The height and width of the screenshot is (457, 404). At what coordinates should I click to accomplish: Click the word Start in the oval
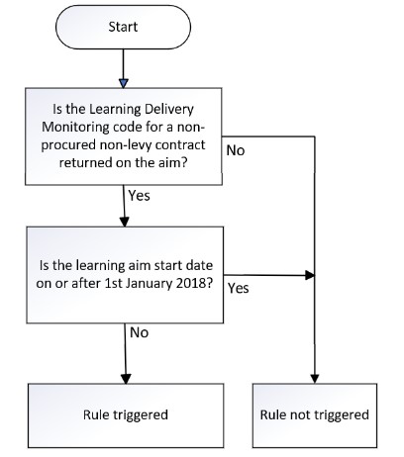click(123, 27)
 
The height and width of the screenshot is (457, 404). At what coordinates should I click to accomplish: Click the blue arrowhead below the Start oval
click(123, 83)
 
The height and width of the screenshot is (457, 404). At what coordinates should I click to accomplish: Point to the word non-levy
click(126, 145)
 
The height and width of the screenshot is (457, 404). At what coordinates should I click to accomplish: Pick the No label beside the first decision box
click(236, 151)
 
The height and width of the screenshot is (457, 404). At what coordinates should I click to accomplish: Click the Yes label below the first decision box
click(139, 196)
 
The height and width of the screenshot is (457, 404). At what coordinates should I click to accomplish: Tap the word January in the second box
click(149, 284)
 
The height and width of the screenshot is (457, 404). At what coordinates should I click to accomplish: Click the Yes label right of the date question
click(238, 289)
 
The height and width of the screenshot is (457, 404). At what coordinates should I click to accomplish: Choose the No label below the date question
click(139, 332)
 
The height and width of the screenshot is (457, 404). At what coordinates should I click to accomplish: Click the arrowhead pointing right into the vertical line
click(310, 275)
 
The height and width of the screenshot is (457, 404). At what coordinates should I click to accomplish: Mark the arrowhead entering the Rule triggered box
click(126, 379)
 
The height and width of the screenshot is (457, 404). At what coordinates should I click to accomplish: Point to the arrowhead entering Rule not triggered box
click(315, 379)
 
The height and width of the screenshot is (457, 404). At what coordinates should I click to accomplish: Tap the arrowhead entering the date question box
click(125, 223)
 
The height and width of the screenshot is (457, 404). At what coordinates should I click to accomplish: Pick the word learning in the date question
click(98, 266)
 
